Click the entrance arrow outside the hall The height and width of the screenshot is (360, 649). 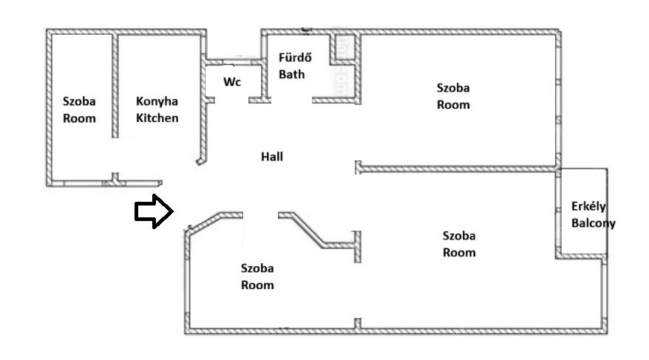(x=152, y=211)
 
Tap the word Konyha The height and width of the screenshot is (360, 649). (x=157, y=102)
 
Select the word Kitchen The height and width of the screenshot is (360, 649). (x=157, y=118)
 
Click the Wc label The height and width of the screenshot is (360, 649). (x=233, y=81)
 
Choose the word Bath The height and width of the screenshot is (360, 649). (x=291, y=74)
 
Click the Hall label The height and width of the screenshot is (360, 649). (x=271, y=157)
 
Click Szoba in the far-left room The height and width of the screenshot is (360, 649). (x=79, y=102)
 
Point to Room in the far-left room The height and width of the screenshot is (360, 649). (x=79, y=118)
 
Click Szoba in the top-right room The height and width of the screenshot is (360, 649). (x=453, y=88)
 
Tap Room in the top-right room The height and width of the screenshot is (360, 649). (x=453, y=104)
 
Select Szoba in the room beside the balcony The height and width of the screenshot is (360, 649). (x=459, y=237)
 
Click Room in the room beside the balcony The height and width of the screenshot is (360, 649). (x=459, y=252)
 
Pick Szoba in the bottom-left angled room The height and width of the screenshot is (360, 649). (x=258, y=268)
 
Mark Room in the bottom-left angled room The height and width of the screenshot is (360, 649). (x=258, y=285)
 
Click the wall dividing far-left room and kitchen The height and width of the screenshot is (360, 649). (x=115, y=85)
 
